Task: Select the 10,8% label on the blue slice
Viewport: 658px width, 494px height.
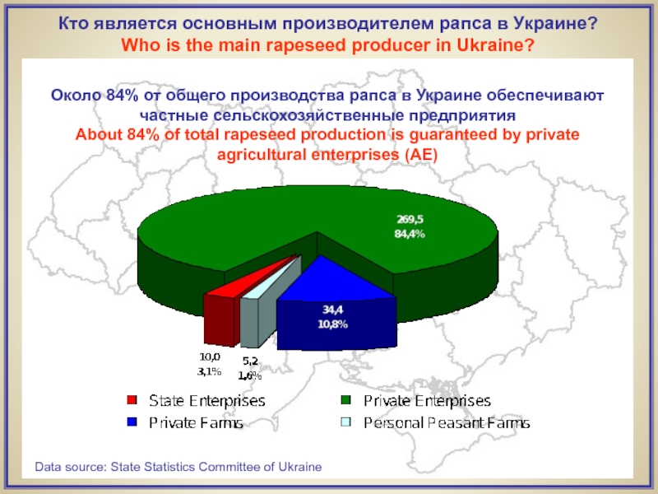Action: pyautogui.click(x=332, y=324)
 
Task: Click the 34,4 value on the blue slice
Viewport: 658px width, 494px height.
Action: pyautogui.click(x=332, y=310)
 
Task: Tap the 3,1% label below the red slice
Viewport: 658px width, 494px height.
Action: pyautogui.click(x=208, y=371)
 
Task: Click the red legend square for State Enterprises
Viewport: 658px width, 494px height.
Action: pyautogui.click(x=132, y=401)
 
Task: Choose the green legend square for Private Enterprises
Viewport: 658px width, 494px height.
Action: pyautogui.click(x=346, y=401)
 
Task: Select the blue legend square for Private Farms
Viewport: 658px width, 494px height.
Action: pyautogui.click(x=132, y=423)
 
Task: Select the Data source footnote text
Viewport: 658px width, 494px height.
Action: pyautogui.click(x=178, y=467)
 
